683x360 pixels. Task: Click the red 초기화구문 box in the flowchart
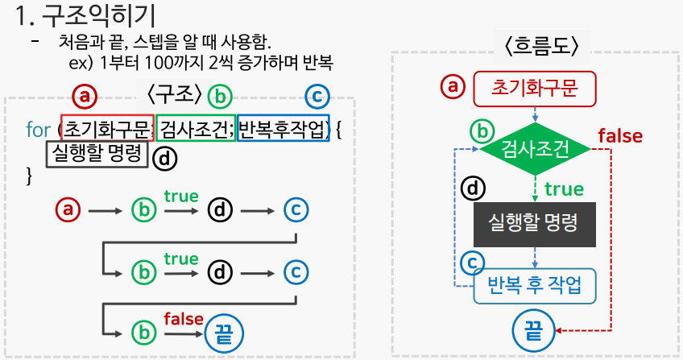click(x=533, y=89)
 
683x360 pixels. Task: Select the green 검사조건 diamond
click(x=533, y=149)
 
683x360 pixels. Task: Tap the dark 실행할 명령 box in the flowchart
click(x=533, y=223)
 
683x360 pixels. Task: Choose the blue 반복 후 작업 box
click(x=533, y=285)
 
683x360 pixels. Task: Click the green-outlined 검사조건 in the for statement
click(x=195, y=128)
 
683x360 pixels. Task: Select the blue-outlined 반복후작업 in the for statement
click(x=284, y=128)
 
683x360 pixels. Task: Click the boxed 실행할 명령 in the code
click(x=97, y=154)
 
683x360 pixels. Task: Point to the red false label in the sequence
click(x=183, y=319)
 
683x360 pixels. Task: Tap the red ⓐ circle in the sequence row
click(x=68, y=210)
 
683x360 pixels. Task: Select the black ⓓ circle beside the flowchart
click(x=473, y=189)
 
